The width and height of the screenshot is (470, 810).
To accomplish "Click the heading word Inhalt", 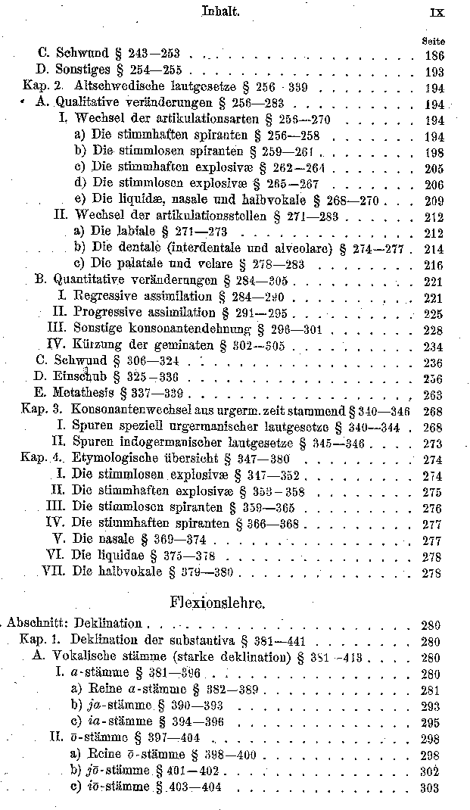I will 221,11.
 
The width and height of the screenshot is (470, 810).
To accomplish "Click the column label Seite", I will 434,41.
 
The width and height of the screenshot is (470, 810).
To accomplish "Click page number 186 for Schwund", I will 434,55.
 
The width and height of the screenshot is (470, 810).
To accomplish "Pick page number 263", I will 433,394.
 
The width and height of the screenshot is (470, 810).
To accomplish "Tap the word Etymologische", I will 114,459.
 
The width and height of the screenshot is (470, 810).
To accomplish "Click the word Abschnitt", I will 36,623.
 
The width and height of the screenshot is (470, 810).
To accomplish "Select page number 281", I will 430,690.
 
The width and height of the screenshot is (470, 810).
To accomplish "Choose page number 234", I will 433,344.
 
